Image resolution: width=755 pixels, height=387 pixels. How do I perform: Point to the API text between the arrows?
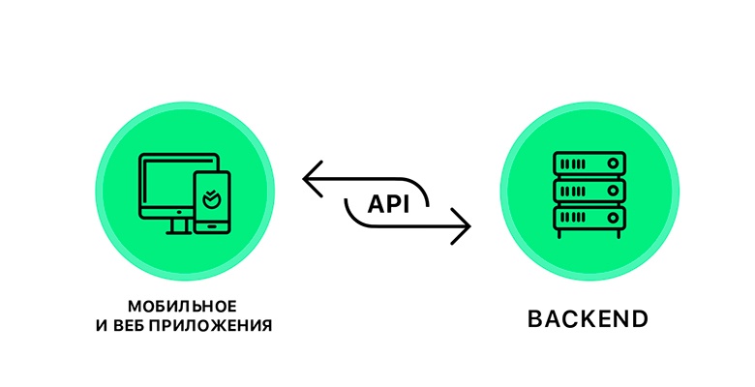388,204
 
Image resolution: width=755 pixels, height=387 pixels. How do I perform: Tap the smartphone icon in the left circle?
212,201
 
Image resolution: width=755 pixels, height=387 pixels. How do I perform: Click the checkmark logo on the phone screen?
212,200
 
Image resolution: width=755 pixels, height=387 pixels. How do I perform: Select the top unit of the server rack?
589,162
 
